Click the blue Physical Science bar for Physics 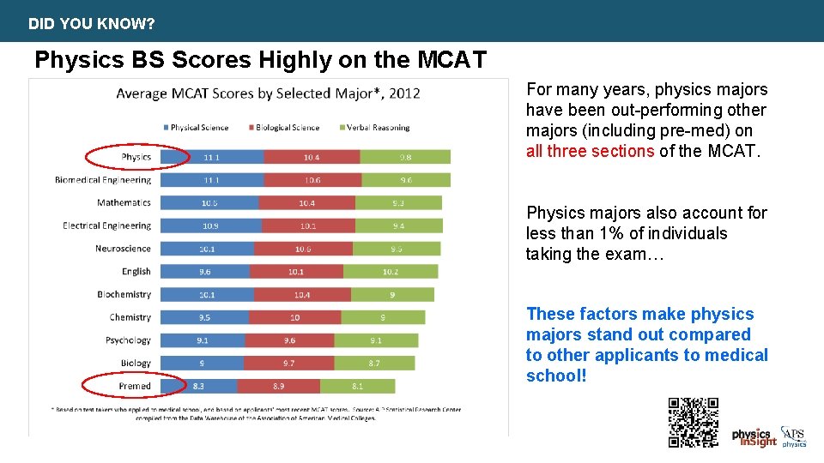[x=212, y=157]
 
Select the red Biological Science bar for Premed [x=278, y=387]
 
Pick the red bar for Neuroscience [x=303, y=249]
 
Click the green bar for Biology [x=374, y=364]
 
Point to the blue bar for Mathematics [x=209, y=203]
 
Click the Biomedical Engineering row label [x=103, y=180]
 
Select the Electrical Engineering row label [x=106, y=226]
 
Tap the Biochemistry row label [x=124, y=295]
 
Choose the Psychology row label [x=128, y=340]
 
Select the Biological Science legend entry [x=288, y=128]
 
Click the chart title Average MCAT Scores [x=268, y=93]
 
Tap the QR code [x=693, y=422]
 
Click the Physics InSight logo [x=754, y=437]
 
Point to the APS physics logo [x=793, y=437]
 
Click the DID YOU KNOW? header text [x=92, y=24]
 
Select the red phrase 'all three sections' [x=591, y=151]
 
